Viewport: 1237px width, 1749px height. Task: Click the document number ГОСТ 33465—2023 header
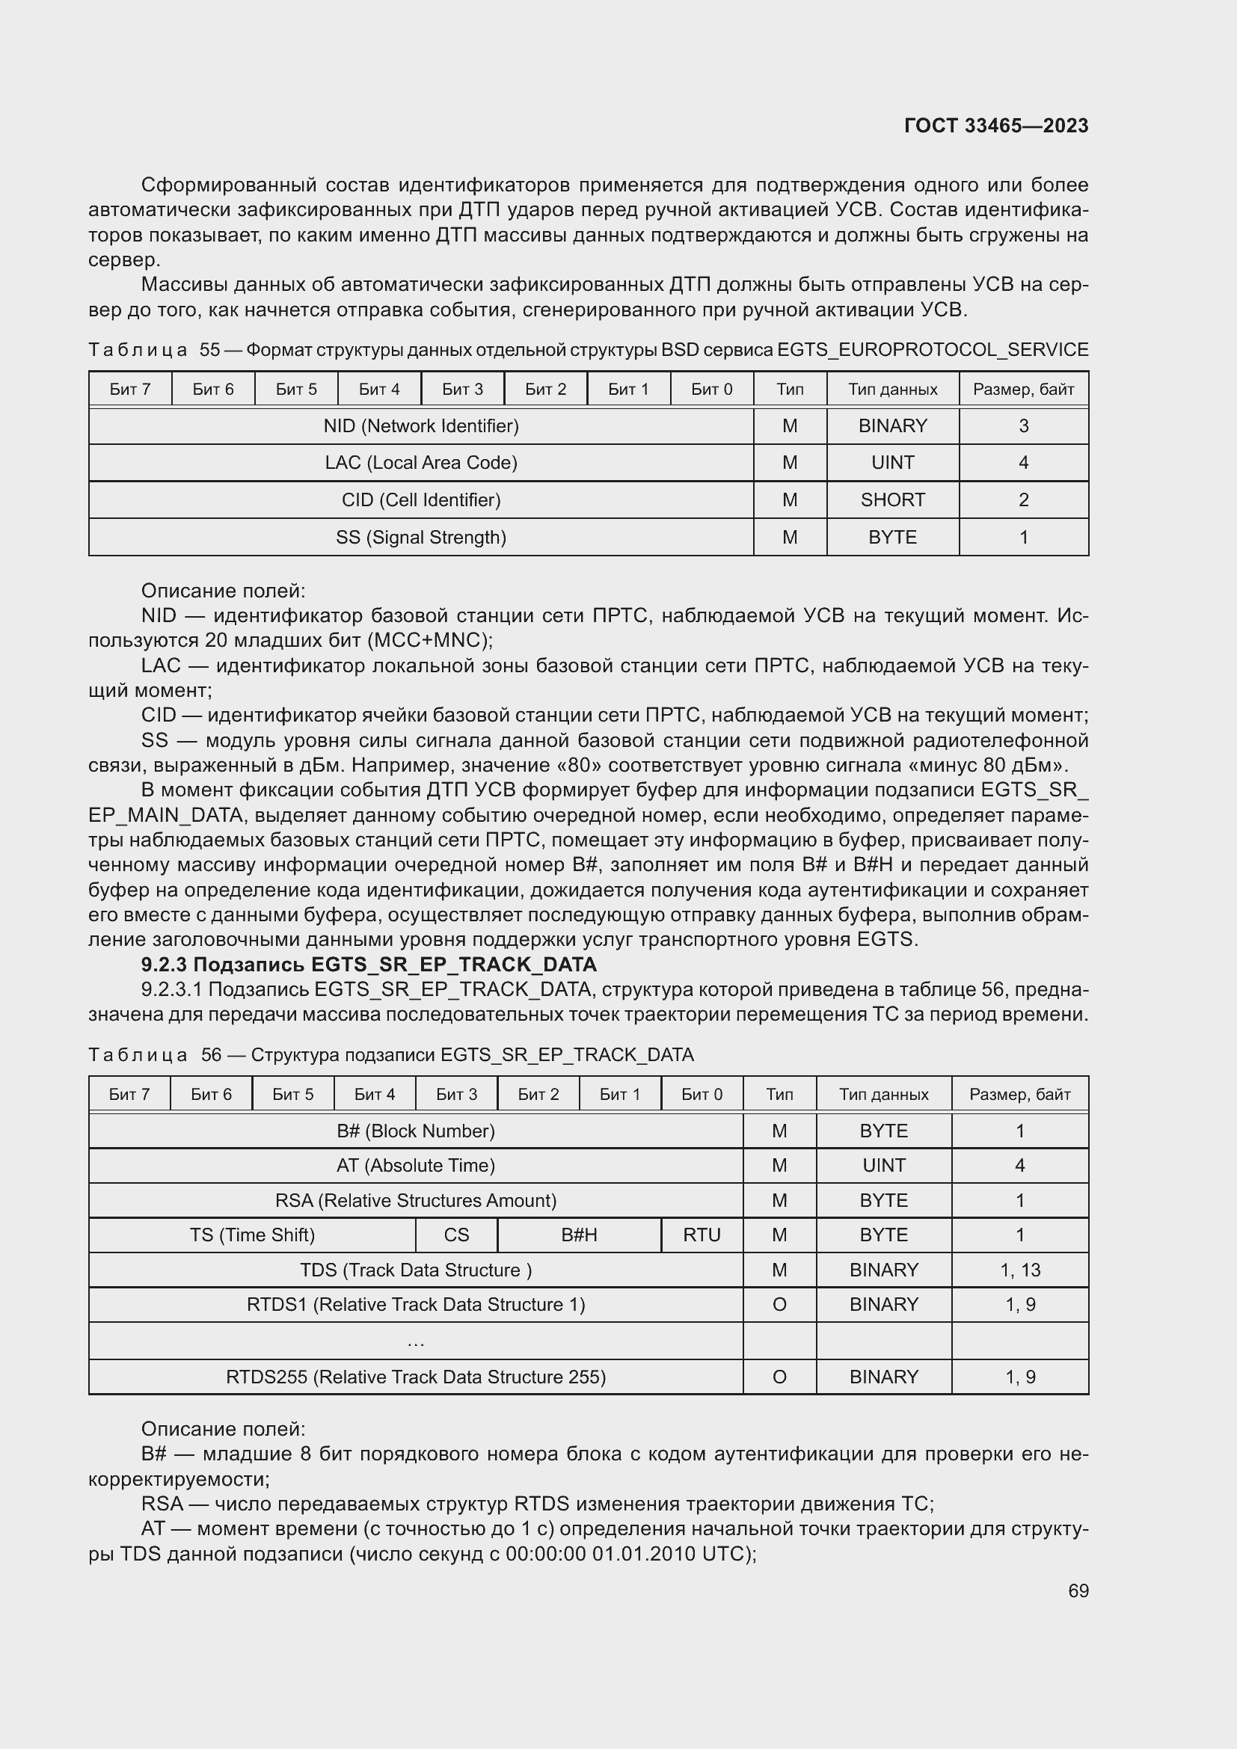tap(995, 126)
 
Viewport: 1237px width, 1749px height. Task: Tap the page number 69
tap(1078, 1590)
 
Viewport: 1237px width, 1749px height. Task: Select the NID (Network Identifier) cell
tap(420, 425)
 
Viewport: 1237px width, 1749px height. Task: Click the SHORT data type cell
tap(892, 500)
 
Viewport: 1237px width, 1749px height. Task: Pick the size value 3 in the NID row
tap(1023, 425)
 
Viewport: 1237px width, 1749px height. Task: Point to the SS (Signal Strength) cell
tap(420, 537)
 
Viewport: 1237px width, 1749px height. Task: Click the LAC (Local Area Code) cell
tap(420, 462)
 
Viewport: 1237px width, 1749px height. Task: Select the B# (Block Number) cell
tap(415, 1131)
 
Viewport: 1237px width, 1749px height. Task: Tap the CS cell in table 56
tap(456, 1235)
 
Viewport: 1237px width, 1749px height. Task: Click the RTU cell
tap(701, 1235)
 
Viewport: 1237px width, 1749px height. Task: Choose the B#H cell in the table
tap(579, 1235)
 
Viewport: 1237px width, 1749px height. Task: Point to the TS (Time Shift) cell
tap(252, 1235)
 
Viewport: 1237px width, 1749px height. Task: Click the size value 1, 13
tap(1019, 1270)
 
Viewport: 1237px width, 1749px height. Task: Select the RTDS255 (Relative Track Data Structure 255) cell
tap(415, 1377)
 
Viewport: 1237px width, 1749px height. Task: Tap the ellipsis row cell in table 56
tap(415, 1341)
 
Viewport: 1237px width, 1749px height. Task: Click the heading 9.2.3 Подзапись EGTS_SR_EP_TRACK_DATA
tap(369, 965)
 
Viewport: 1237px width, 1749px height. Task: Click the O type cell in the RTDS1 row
tap(779, 1304)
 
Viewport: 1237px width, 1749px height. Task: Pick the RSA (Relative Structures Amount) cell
tap(415, 1201)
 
